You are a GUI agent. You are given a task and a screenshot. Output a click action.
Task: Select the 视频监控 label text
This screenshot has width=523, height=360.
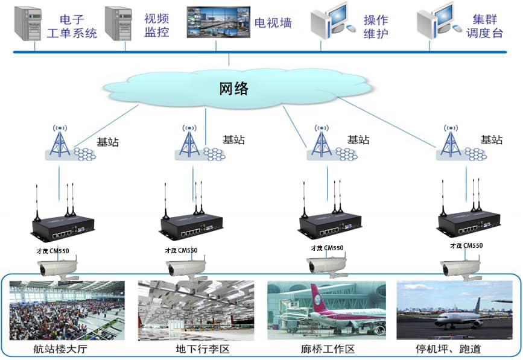[156, 25]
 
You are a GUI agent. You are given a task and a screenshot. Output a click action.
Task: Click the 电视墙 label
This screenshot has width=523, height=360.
[273, 23]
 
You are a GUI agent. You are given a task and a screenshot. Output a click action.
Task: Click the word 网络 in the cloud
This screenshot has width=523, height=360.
[233, 89]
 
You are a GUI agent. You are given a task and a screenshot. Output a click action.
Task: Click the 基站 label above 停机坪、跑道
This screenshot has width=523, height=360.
[491, 139]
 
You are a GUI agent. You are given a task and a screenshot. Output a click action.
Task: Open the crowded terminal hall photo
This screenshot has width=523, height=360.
[67, 310]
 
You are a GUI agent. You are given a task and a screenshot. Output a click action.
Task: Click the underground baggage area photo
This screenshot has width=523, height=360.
[194, 310]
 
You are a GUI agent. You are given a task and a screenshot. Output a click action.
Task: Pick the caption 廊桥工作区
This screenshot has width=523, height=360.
[327, 349]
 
